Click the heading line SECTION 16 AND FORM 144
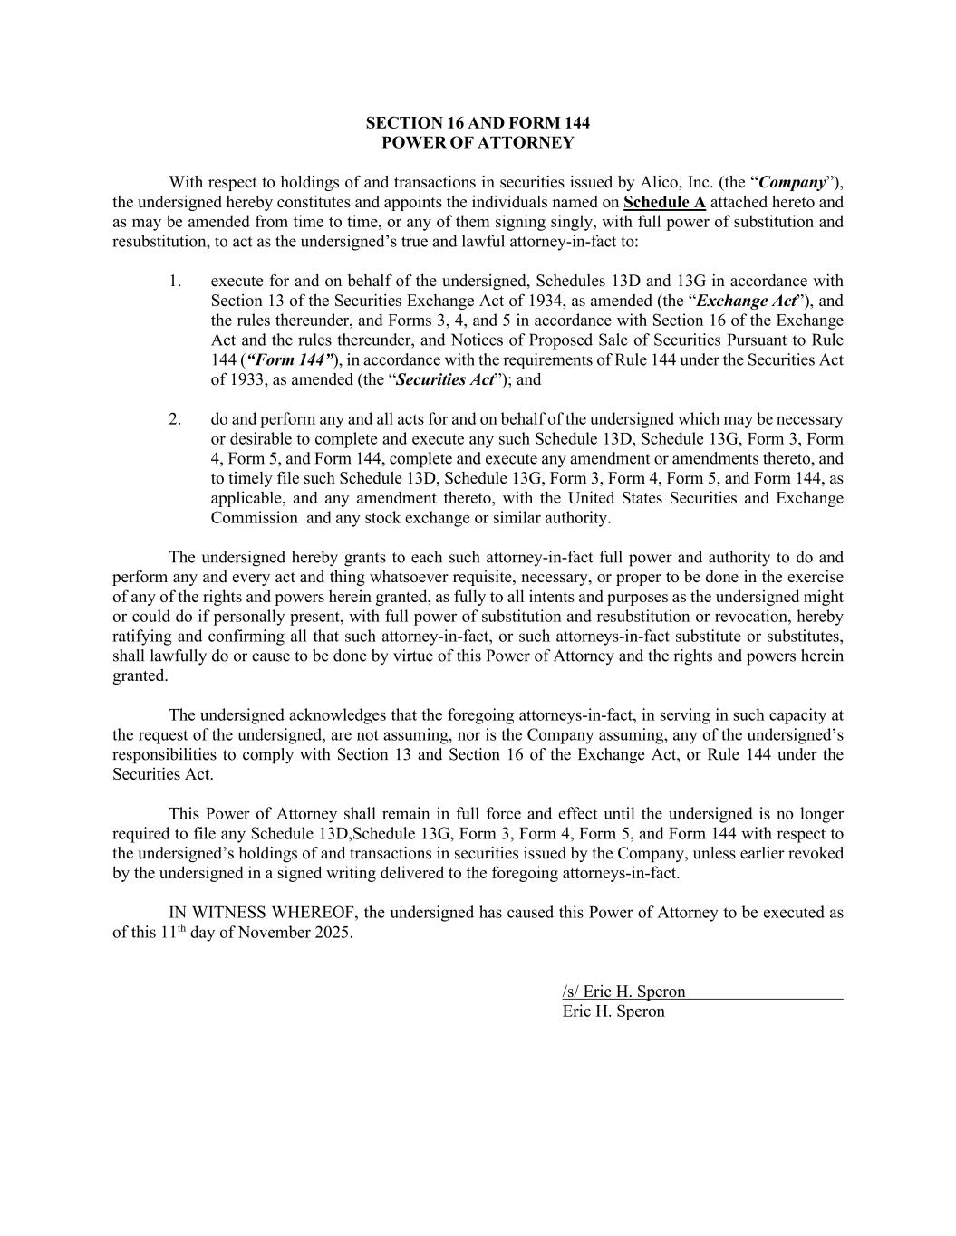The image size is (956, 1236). [478, 122]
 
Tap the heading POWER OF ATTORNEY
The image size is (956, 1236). [478, 142]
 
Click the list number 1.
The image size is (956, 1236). [175, 281]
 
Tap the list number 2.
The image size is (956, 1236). [175, 419]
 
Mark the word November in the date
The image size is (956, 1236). [276, 934]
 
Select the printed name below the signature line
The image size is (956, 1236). [613, 1011]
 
